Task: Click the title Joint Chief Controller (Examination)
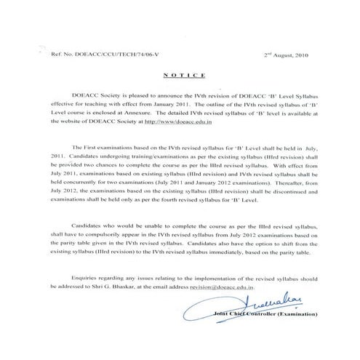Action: coord(274,313)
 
